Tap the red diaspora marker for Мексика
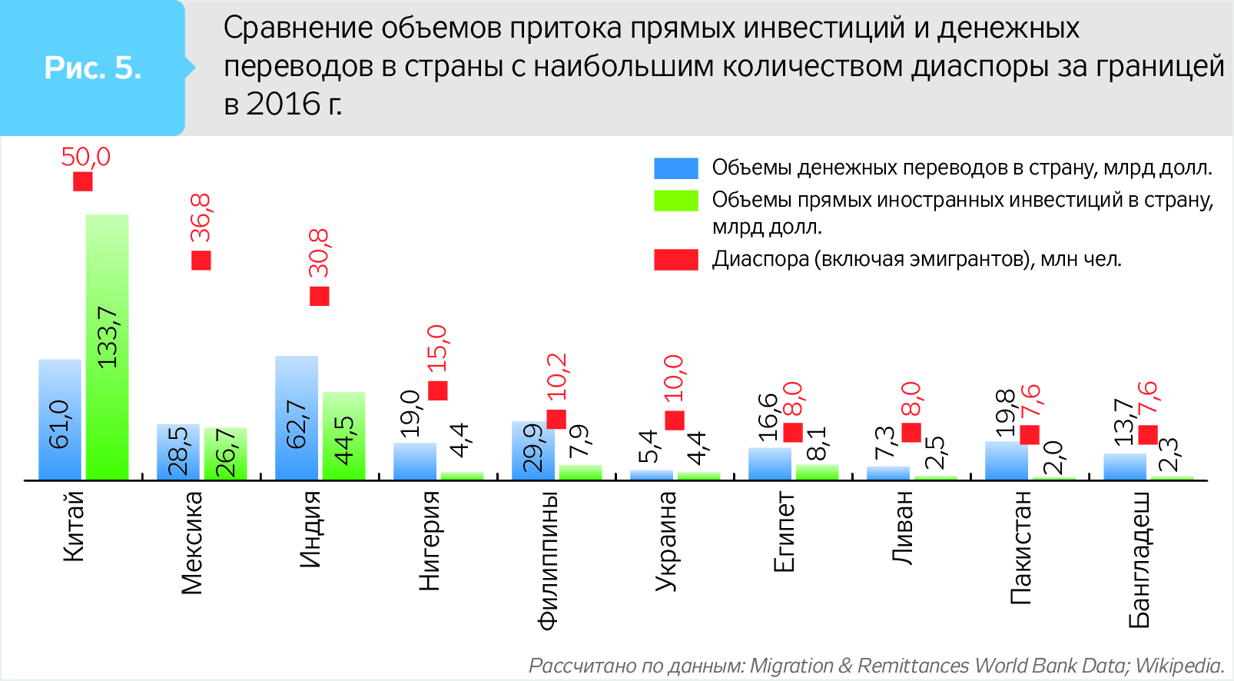(x=201, y=261)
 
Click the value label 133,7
(x=108, y=337)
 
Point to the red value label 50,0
(x=85, y=157)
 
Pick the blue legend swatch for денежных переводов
(x=675, y=168)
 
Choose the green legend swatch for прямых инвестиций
(x=675, y=201)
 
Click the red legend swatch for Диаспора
(x=675, y=260)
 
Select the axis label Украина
(x=666, y=541)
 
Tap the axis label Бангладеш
(x=1139, y=560)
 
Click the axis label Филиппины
(x=547, y=561)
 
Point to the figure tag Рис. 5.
(x=92, y=68)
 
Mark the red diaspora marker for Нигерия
(x=438, y=390)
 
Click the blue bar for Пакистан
(x=1006, y=460)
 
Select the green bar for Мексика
(x=225, y=454)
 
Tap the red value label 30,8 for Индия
(x=319, y=253)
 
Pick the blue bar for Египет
(x=769, y=463)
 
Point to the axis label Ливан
(x=903, y=528)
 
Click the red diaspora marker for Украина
(x=675, y=420)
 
